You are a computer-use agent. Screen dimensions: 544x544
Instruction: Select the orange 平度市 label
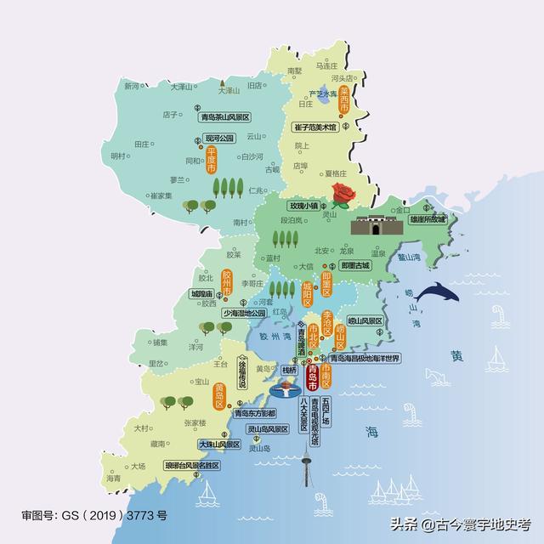pyautogui.click(x=211, y=160)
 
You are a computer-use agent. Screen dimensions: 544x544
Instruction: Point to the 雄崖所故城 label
pyautogui.click(x=427, y=218)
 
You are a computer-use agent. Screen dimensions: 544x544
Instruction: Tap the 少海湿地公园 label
pyautogui.click(x=244, y=313)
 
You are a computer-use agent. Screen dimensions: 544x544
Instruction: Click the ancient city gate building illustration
pyautogui.click(x=373, y=227)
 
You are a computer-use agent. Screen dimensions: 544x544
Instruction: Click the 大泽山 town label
pyautogui.click(x=183, y=87)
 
